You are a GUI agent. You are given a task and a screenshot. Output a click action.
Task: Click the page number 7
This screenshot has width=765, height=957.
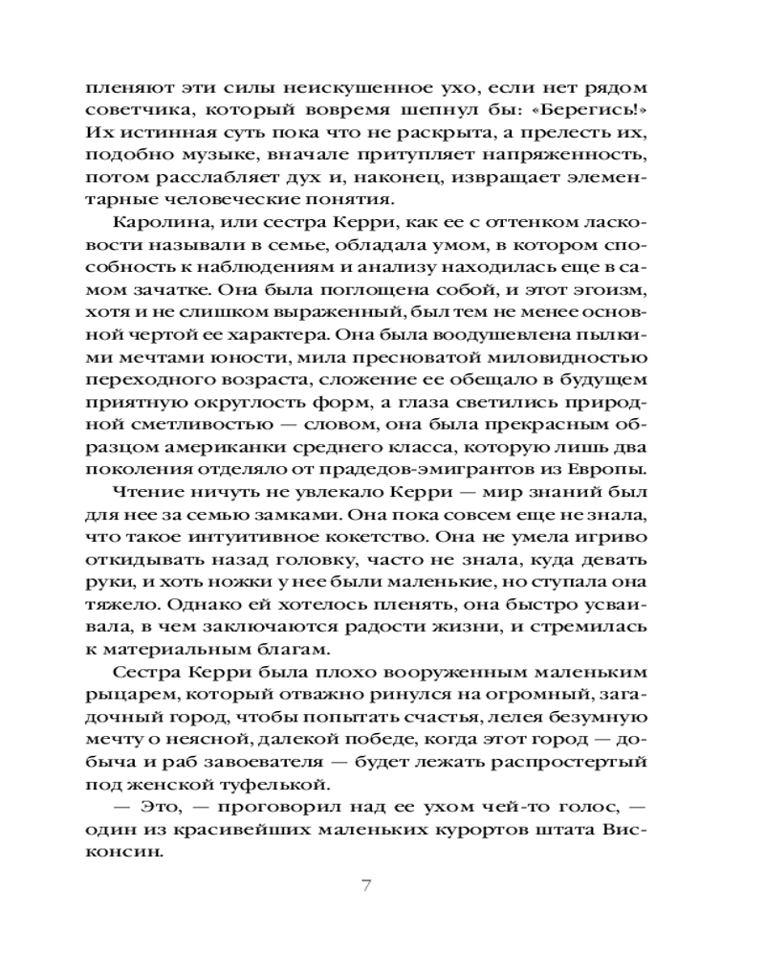pos(365,884)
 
